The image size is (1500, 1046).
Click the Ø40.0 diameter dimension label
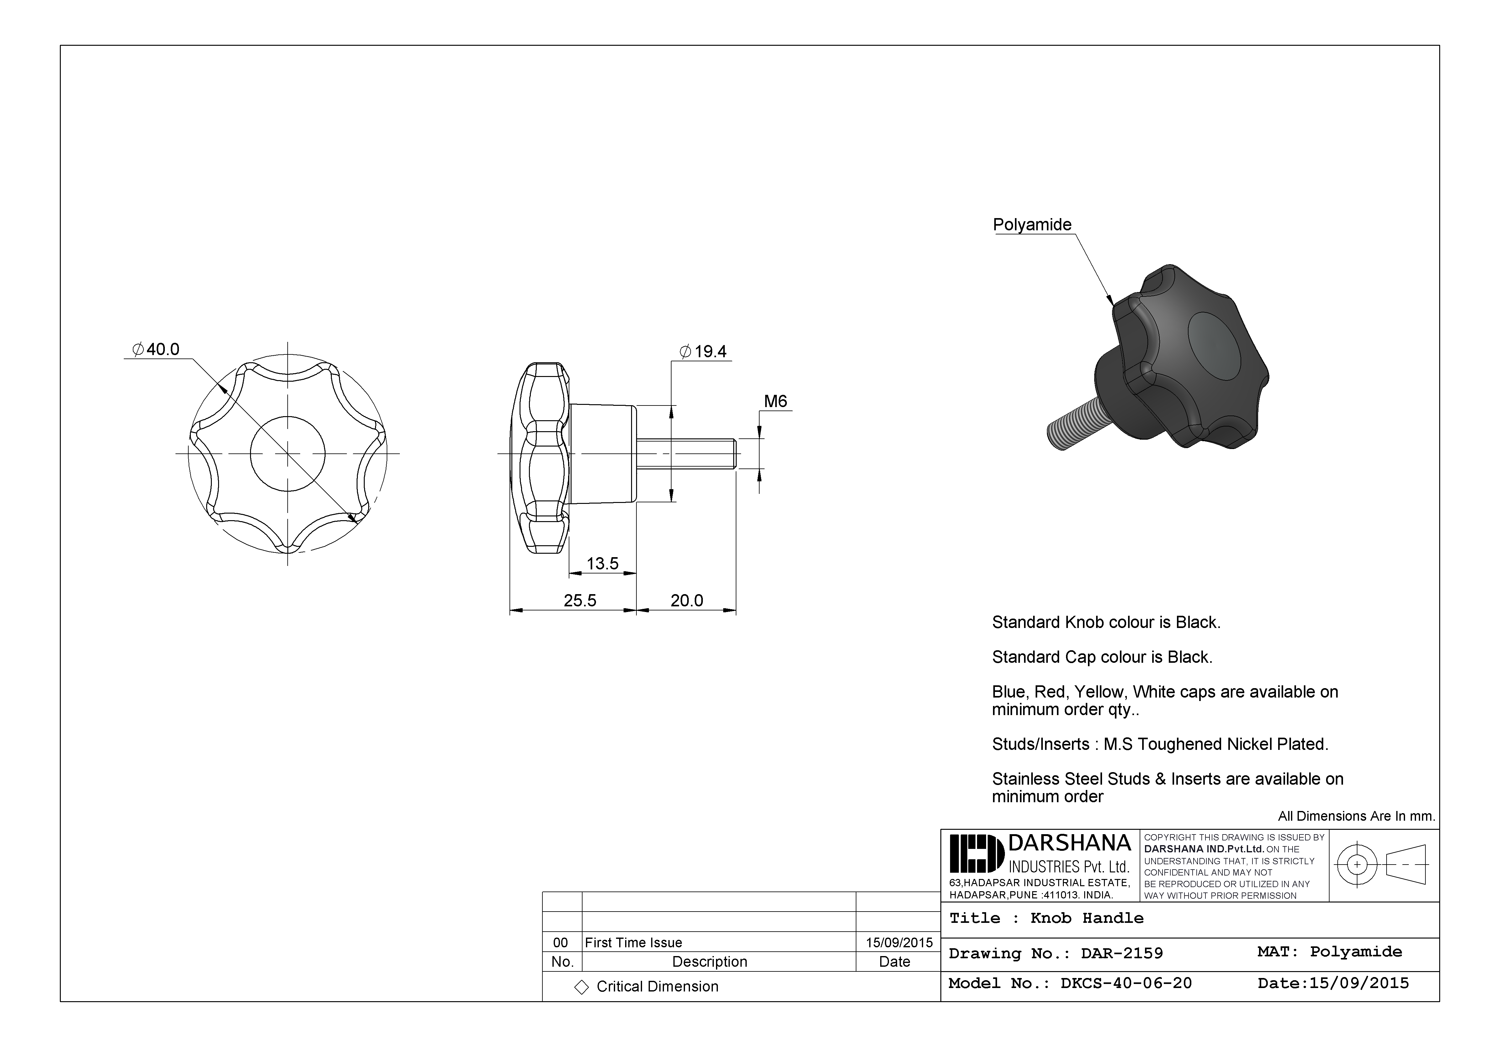(x=155, y=349)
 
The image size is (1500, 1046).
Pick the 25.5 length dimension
(x=579, y=600)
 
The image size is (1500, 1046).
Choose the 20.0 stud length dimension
(x=687, y=600)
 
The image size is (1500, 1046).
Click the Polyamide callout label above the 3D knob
(x=1032, y=225)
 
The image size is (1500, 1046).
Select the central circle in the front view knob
(x=287, y=453)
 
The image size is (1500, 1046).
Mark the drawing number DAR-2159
(x=1122, y=953)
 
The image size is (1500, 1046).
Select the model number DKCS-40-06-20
(x=1126, y=983)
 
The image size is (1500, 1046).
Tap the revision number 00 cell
(x=561, y=942)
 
